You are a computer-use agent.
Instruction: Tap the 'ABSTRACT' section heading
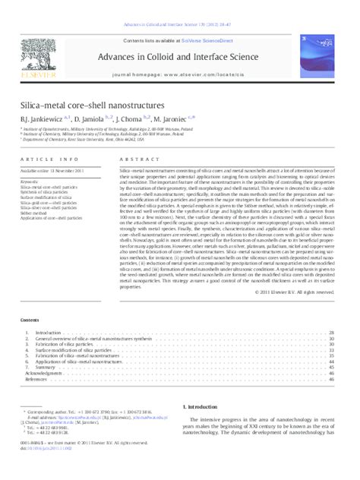(x=134, y=159)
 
